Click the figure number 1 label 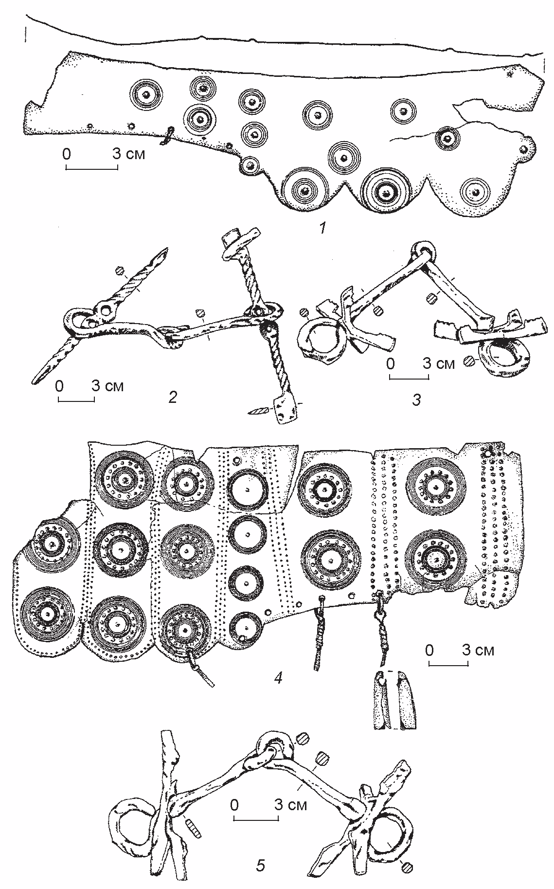(323, 227)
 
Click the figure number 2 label (172, 398)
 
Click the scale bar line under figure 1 (91, 169)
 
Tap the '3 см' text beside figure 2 (108, 386)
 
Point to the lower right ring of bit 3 (504, 357)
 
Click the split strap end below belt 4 (393, 700)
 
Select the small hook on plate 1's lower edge (168, 136)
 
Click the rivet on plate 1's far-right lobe (524, 147)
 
